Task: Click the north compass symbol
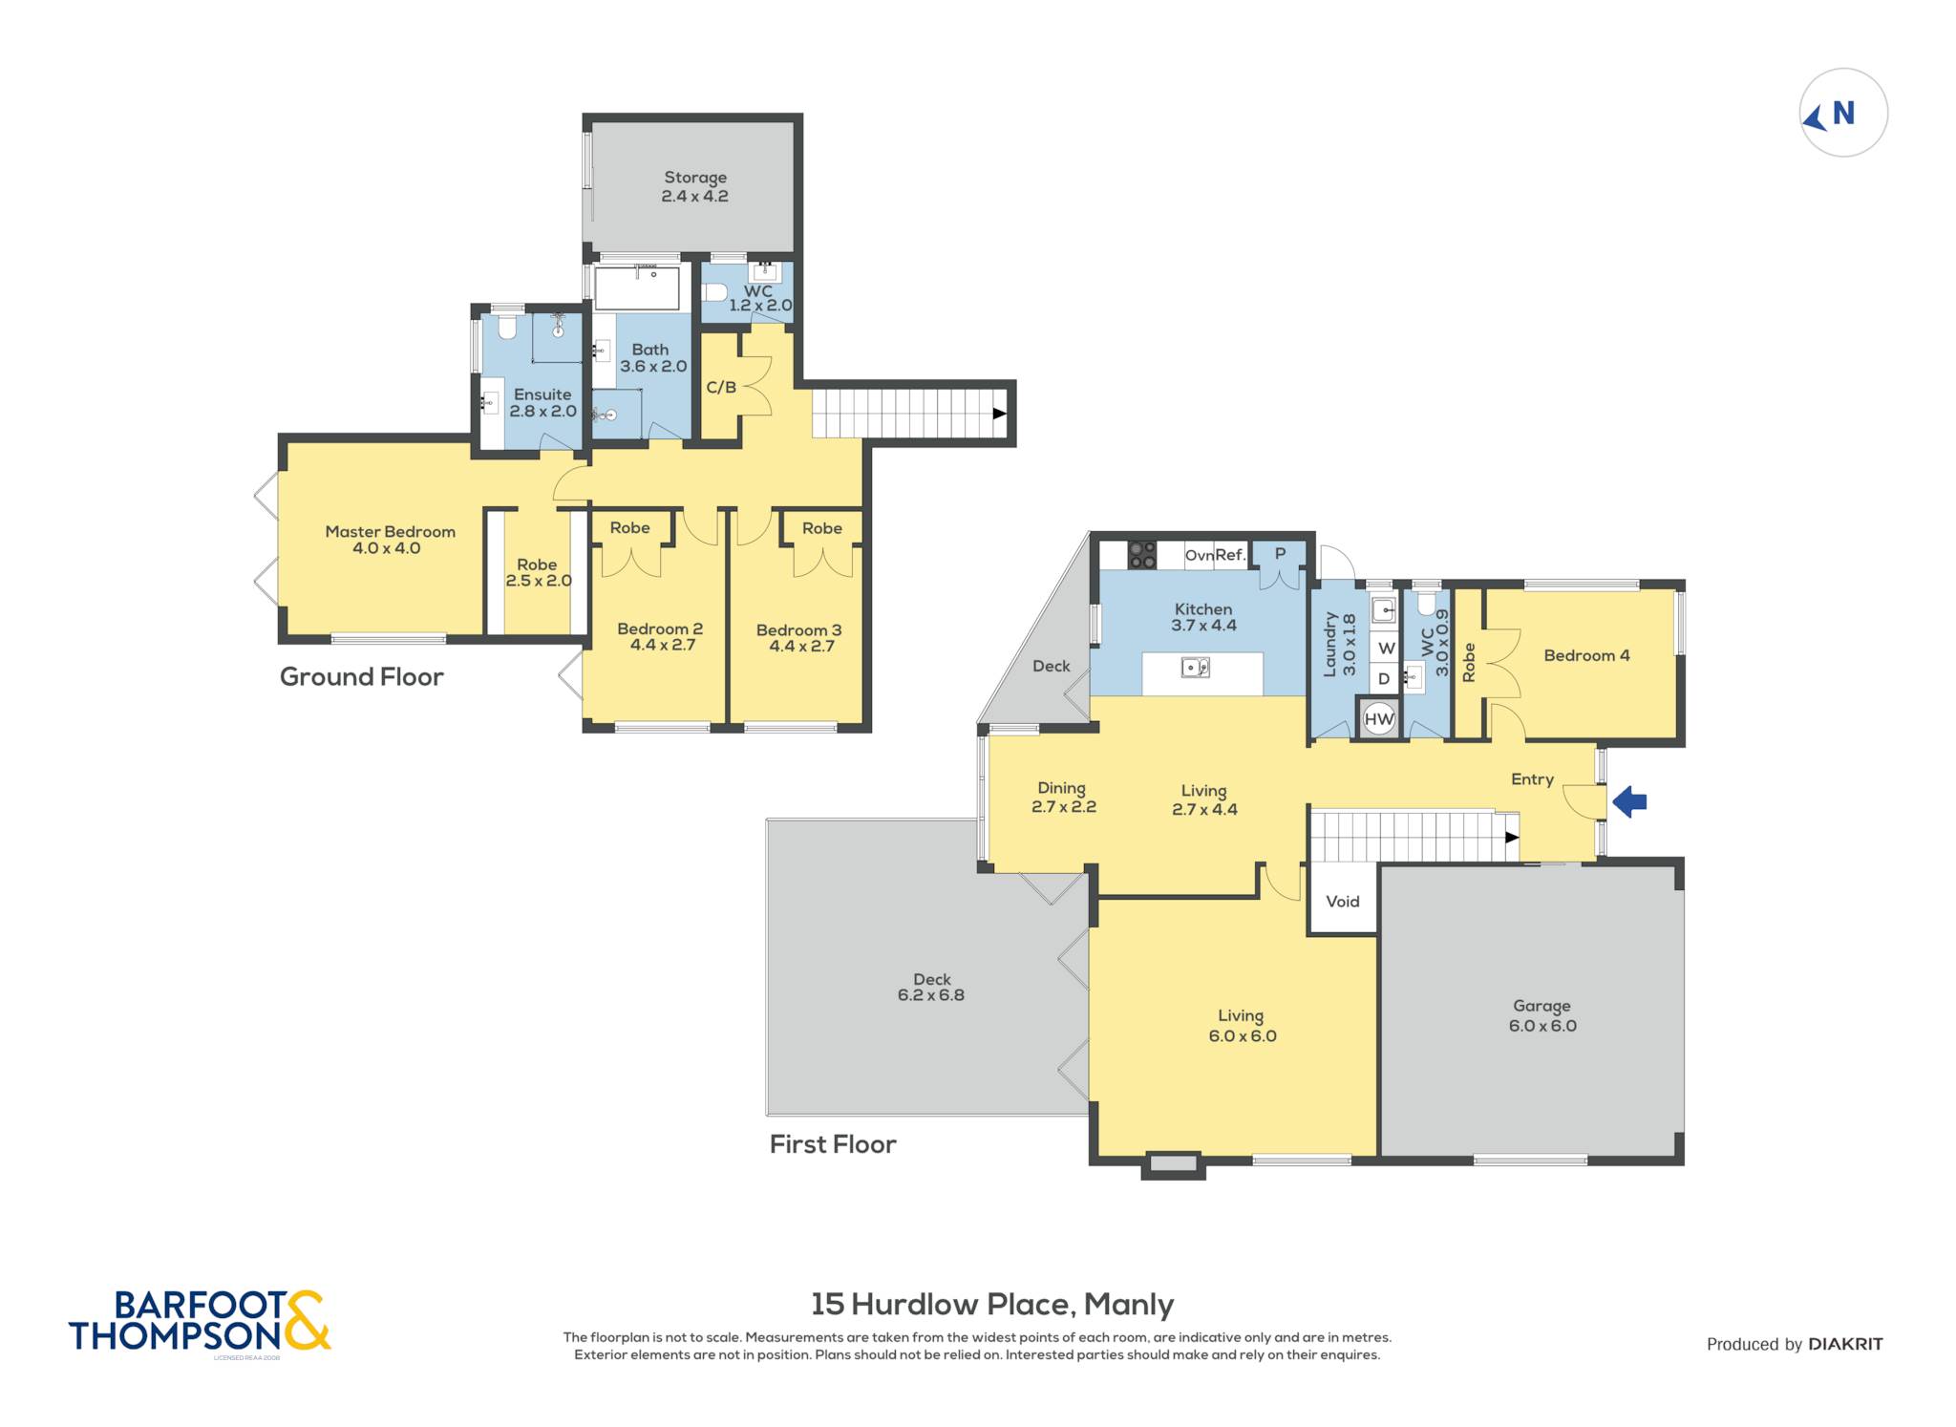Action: [1842, 113]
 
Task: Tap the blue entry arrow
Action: [1629, 801]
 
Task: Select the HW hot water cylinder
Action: [1379, 719]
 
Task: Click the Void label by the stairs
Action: [1342, 901]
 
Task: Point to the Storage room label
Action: [695, 178]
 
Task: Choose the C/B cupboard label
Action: [721, 387]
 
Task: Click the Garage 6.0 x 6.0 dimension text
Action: [1542, 1026]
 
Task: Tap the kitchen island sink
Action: [1196, 667]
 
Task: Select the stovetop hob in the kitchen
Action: [1142, 555]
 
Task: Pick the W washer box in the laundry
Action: [1385, 648]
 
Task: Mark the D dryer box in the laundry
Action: [1384, 678]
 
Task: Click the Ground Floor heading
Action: [361, 676]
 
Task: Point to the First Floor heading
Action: [833, 1144]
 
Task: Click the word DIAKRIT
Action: [1845, 1344]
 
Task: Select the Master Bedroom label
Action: [390, 532]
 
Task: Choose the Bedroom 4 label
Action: [1586, 655]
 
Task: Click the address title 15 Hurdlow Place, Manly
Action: [992, 1304]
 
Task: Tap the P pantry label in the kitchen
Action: [1280, 553]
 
